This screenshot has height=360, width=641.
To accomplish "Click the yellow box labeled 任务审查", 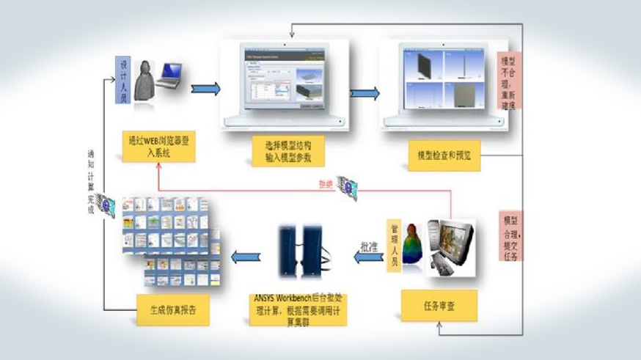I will coord(439,306).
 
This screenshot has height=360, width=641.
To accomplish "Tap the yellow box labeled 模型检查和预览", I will coord(444,155).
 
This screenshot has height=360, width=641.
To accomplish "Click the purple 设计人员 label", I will coord(124,81).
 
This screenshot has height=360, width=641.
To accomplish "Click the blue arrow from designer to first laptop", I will coord(205,89).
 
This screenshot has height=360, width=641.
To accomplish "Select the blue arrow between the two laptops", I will coord(365,93).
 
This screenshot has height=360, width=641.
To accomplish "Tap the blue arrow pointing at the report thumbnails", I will coord(245,256).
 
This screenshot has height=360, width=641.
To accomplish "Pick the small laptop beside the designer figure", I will coord(168,75).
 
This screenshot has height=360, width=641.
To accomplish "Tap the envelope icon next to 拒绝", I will coord(348,188).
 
